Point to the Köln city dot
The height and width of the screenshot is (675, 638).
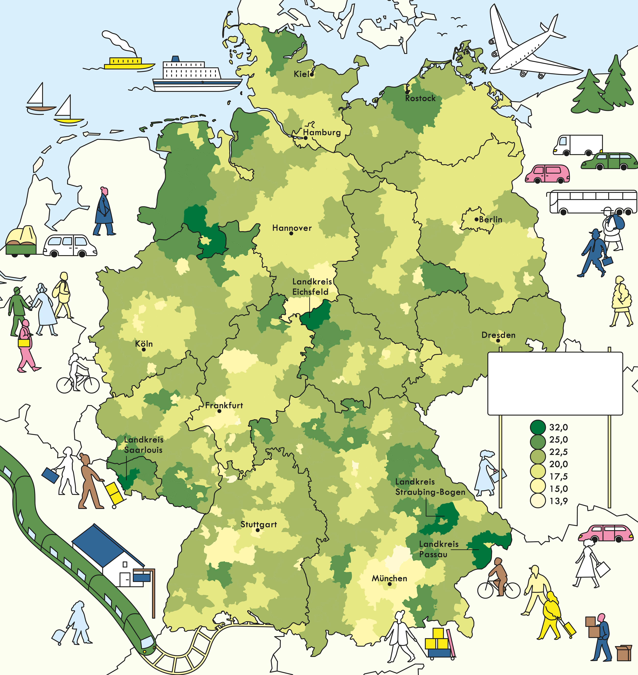tap(144, 349)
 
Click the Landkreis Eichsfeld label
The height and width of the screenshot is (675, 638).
tap(312, 287)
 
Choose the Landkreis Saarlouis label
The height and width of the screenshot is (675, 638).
tap(143, 445)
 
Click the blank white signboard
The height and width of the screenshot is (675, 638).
tap(555, 383)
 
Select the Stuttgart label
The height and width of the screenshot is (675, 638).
tap(259, 524)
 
